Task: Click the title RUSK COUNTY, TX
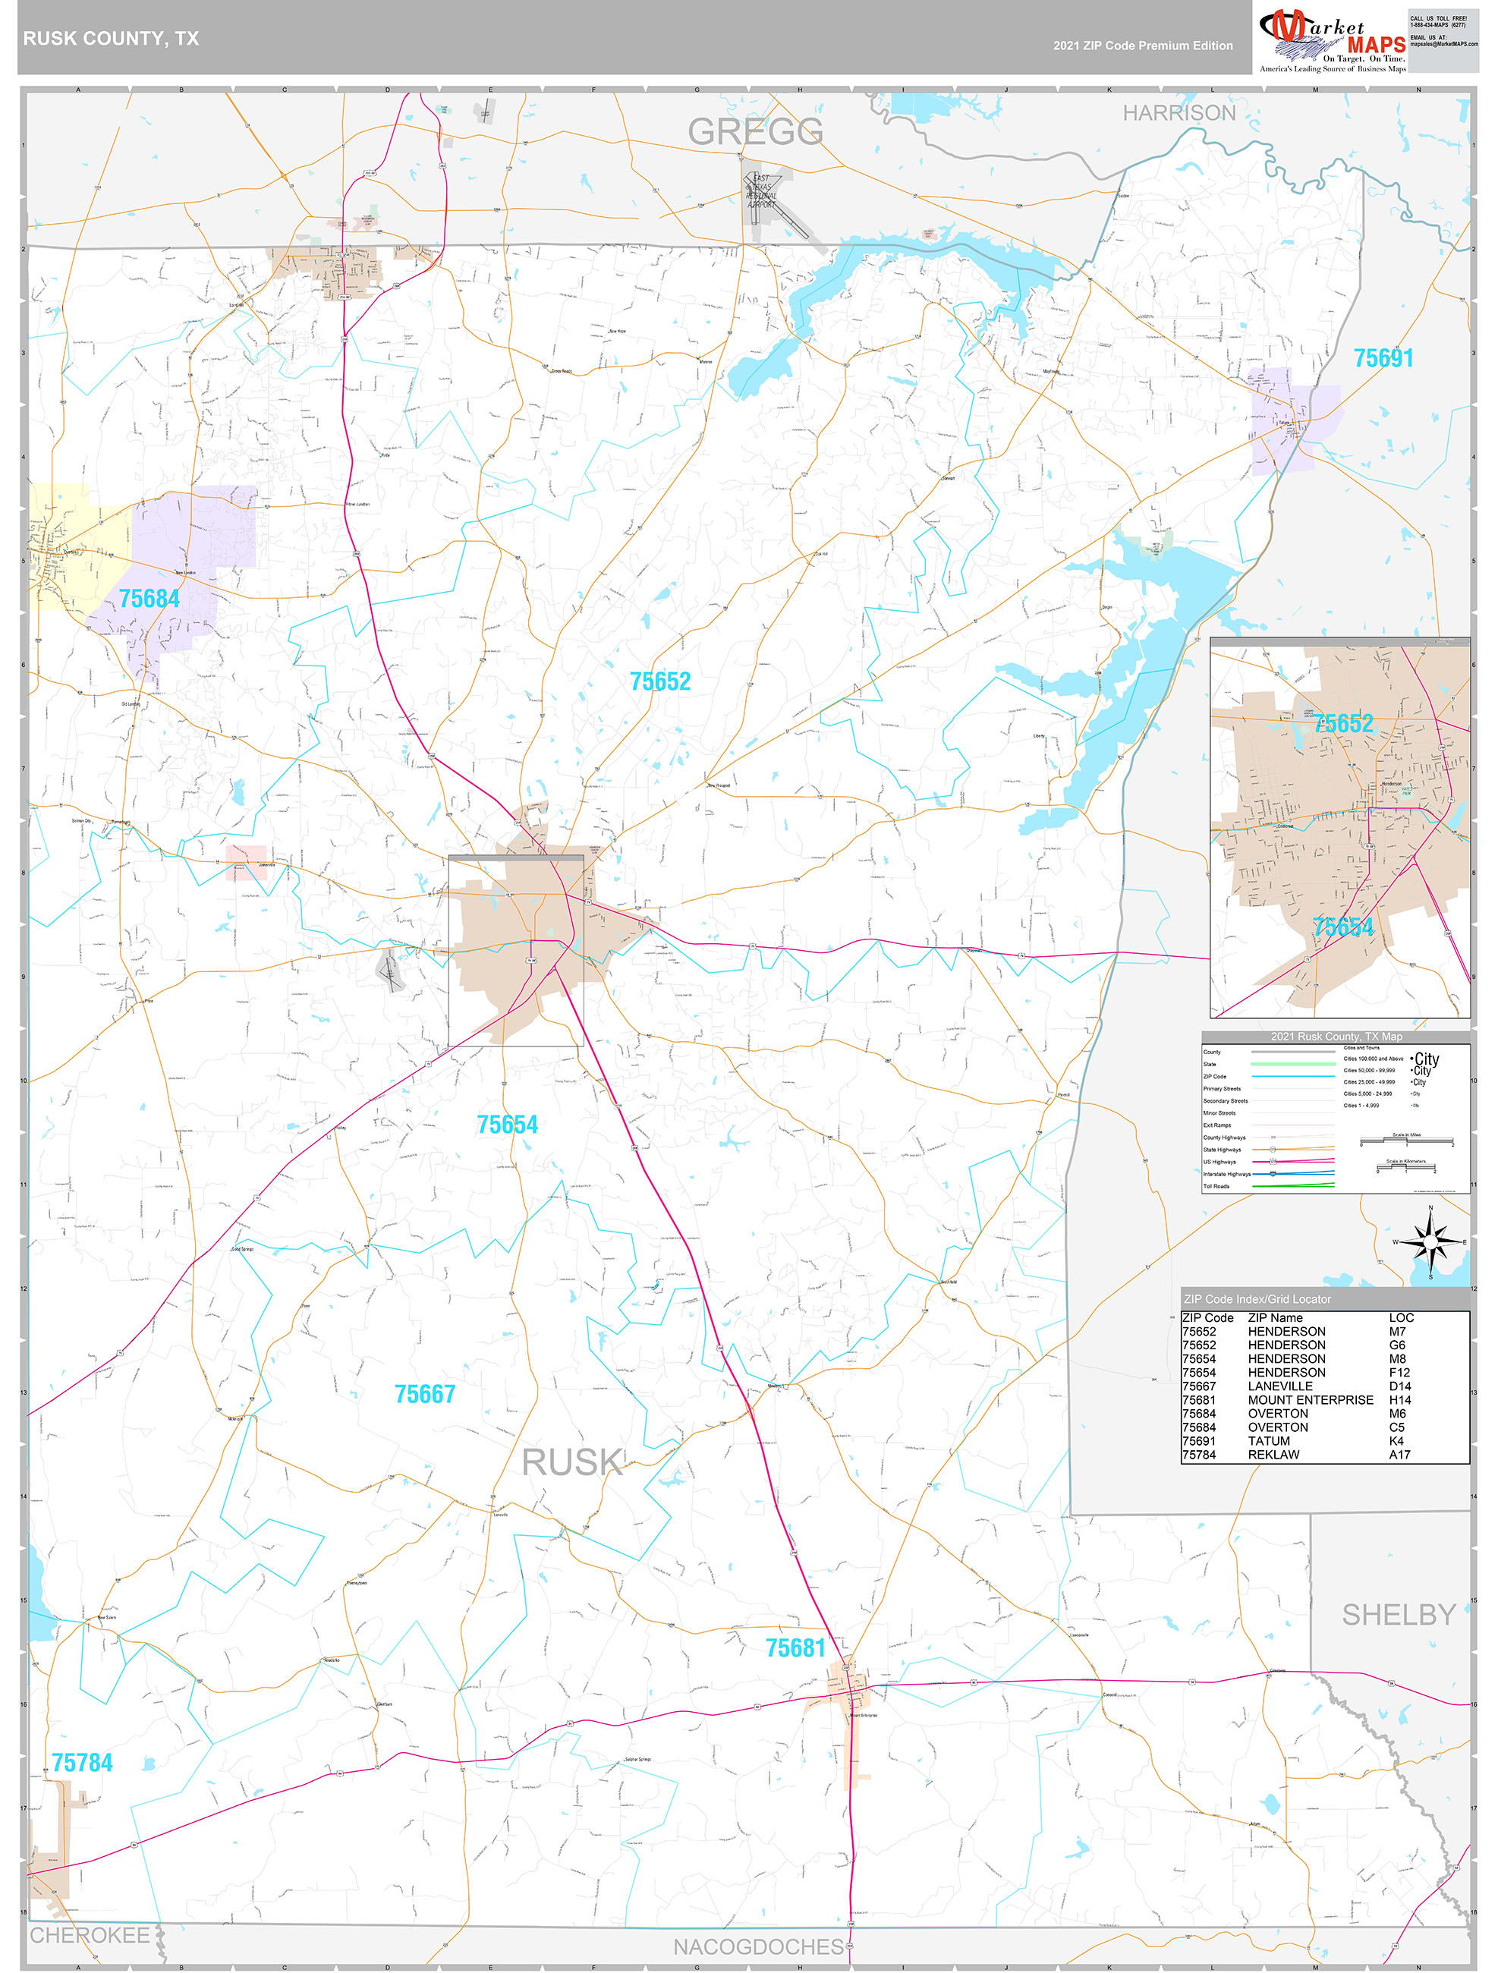[111, 39]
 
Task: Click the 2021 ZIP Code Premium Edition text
[1142, 46]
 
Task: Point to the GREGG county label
[755, 132]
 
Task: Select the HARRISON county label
[1178, 113]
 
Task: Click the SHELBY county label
[1398, 1614]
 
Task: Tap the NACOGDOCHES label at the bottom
[757, 1946]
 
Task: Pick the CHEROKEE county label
[90, 1934]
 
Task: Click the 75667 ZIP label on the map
[425, 1394]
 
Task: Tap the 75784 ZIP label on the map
[82, 1763]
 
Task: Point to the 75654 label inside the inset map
[1342, 927]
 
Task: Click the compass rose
[1430, 1241]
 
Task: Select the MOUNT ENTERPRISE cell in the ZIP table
[1310, 1399]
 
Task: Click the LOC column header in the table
[1401, 1317]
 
